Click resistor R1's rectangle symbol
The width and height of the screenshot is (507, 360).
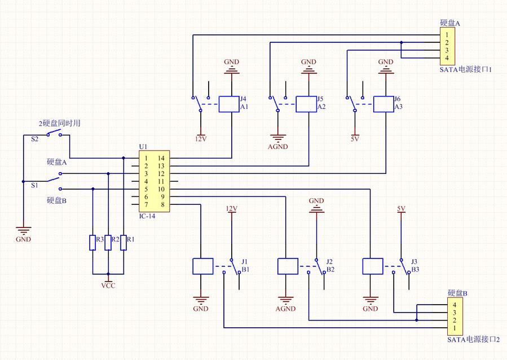click(124, 243)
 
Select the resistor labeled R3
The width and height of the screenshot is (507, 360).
click(92, 243)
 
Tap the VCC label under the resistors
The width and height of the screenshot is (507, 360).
click(108, 285)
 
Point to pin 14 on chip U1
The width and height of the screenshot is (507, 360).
click(161, 159)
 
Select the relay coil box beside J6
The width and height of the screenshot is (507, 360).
click(383, 104)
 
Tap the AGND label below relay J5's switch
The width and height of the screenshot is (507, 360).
click(278, 147)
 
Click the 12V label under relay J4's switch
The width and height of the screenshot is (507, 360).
click(200, 138)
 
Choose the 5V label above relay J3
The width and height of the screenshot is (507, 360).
click(401, 209)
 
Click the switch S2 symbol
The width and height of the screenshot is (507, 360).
click(55, 134)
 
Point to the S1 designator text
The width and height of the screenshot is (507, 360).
click(35, 185)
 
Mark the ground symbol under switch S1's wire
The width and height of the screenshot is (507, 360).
click(23, 230)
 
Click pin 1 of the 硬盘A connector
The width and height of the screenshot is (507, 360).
click(447, 35)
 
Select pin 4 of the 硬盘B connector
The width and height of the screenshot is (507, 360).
click(454, 306)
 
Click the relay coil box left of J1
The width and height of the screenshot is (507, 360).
click(203, 266)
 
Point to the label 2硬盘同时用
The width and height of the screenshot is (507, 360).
click(59, 123)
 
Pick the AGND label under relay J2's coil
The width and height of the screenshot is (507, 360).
click(286, 309)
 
